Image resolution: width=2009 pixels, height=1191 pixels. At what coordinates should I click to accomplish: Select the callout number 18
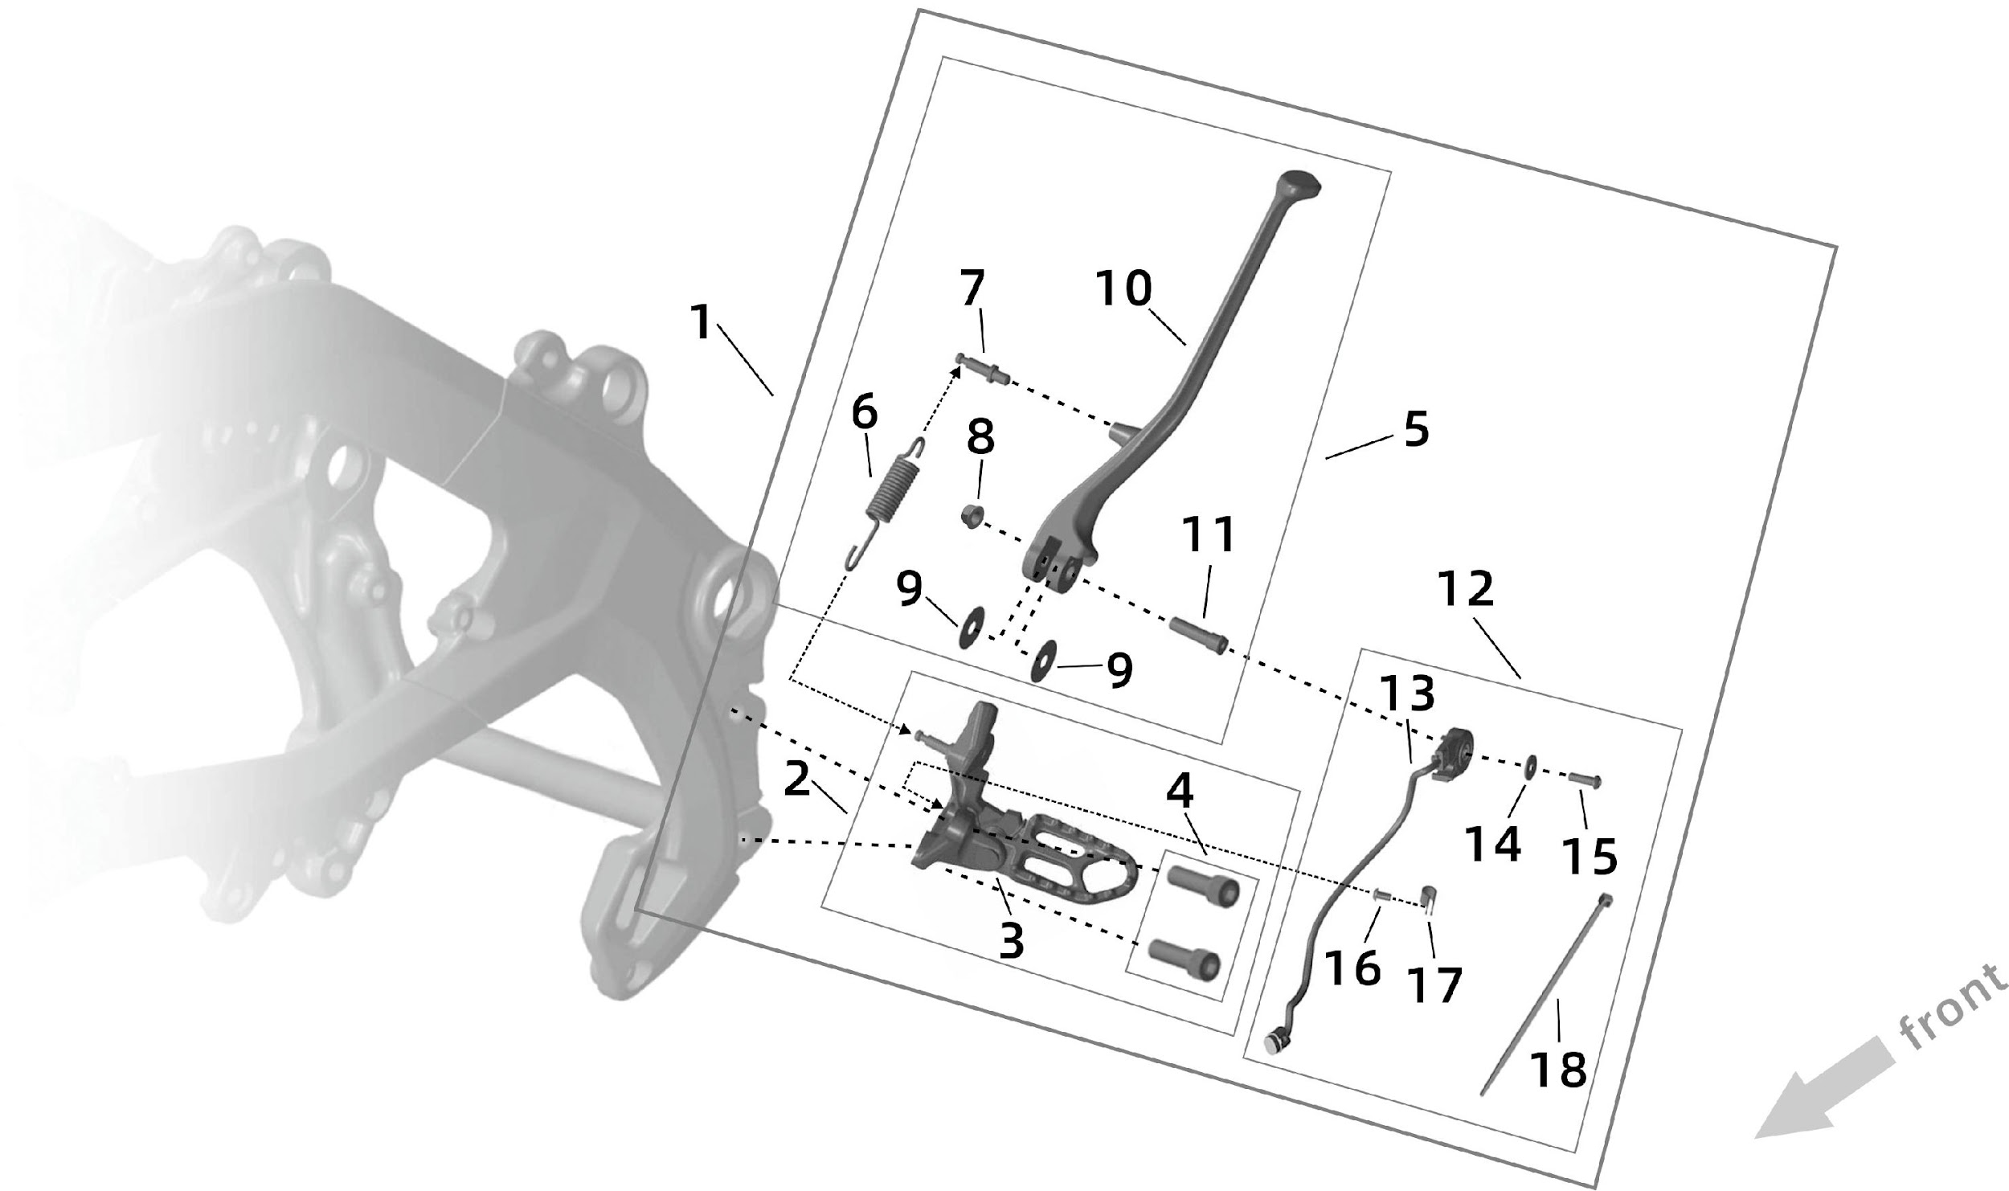[1558, 1070]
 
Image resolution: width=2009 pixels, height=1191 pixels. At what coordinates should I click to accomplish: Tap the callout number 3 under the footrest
[1012, 940]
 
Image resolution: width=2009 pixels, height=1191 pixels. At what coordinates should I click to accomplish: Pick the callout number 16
[1353, 968]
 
